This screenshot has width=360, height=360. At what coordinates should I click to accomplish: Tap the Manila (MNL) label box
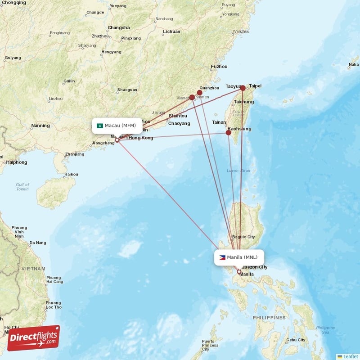click(x=239, y=257)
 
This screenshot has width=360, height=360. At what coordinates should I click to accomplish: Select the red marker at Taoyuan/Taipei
click(x=243, y=88)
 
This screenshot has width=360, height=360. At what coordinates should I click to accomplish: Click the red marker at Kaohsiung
click(x=229, y=133)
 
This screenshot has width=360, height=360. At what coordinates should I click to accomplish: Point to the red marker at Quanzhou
click(x=199, y=93)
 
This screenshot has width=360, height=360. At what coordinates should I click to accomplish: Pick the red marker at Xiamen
click(x=192, y=97)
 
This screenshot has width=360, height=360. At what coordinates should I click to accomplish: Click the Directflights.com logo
click(x=33, y=337)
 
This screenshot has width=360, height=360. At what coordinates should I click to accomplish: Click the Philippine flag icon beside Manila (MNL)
click(x=222, y=257)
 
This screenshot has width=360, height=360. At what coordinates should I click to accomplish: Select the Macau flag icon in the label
click(x=100, y=126)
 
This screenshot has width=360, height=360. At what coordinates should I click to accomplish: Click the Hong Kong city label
click(x=141, y=138)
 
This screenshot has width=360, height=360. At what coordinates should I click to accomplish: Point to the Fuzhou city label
click(x=219, y=67)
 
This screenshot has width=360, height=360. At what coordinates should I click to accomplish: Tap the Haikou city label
click(x=71, y=174)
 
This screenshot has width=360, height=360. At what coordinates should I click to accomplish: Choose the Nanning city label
click(x=40, y=126)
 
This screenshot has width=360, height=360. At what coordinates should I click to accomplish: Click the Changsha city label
click(x=119, y=27)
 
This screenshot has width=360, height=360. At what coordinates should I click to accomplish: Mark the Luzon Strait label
click(x=238, y=171)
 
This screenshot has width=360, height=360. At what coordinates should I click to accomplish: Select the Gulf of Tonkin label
click(x=22, y=187)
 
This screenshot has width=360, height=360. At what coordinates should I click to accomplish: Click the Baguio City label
click(x=243, y=237)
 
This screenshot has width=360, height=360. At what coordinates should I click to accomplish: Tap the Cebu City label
click(x=296, y=340)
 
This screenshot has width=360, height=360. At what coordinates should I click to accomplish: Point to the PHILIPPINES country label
click(x=269, y=318)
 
